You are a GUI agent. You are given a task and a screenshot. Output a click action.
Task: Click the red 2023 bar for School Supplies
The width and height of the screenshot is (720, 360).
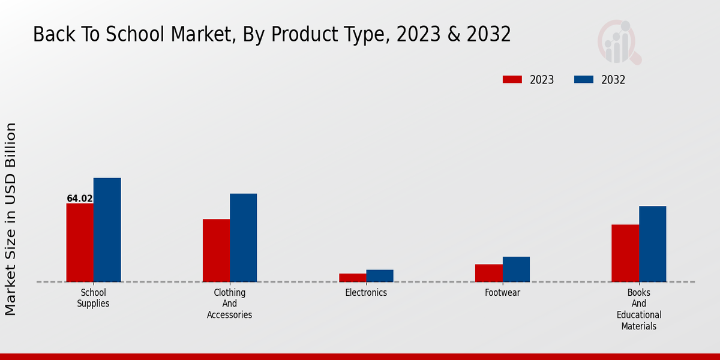80,242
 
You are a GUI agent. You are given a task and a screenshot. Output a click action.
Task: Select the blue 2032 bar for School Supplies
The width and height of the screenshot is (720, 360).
107,230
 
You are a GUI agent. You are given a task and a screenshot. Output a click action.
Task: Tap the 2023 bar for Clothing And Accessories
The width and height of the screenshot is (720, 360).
216,250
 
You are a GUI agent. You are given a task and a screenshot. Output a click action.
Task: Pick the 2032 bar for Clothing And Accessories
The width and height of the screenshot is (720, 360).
243,238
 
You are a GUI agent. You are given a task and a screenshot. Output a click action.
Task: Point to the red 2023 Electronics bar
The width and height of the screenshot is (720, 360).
352,278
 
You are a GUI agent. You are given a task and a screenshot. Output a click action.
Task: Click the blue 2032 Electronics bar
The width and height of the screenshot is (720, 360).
380,276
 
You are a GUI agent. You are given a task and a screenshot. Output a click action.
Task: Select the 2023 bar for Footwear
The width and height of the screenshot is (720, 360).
488,273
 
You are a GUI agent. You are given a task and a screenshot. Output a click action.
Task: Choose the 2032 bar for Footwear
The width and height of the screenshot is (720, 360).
516,269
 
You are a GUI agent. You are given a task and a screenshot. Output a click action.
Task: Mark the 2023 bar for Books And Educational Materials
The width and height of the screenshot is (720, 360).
625,253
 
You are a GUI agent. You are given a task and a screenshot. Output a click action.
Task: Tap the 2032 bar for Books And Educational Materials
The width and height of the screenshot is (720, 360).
652,244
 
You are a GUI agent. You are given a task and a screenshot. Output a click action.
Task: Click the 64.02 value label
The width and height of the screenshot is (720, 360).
80,199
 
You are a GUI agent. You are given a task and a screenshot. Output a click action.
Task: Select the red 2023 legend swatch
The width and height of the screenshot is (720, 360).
512,80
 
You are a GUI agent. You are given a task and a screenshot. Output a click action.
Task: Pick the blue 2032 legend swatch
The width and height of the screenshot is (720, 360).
584,80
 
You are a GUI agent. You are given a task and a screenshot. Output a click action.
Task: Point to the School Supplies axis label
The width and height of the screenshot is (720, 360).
93,298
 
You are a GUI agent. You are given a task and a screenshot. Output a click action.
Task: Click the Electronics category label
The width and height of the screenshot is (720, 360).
366,293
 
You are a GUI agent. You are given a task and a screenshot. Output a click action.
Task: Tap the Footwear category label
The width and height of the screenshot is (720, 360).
502,293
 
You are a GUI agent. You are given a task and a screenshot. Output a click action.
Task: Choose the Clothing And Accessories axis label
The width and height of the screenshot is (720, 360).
229,304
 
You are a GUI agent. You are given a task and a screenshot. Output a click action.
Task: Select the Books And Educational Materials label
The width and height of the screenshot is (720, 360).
639,309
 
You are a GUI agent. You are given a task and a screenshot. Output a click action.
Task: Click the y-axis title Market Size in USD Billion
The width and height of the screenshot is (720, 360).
11,219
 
